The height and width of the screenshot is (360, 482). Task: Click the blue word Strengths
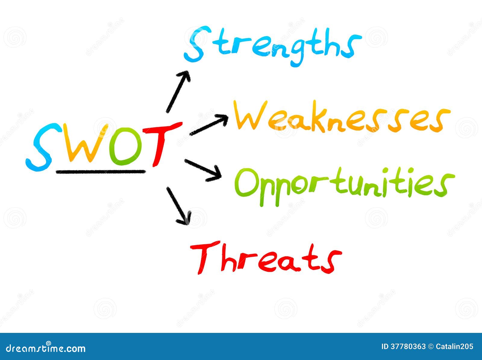coord(272,46)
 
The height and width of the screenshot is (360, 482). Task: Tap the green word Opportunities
coord(344,187)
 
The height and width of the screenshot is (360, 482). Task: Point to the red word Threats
coord(266,258)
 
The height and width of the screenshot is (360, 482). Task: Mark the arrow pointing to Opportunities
coord(203,171)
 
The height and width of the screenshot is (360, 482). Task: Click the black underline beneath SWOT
coord(101,171)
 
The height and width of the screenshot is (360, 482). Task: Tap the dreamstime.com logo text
coord(45,348)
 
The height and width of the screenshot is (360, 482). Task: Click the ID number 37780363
coord(408,347)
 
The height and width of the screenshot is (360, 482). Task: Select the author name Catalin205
coord(454,347)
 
